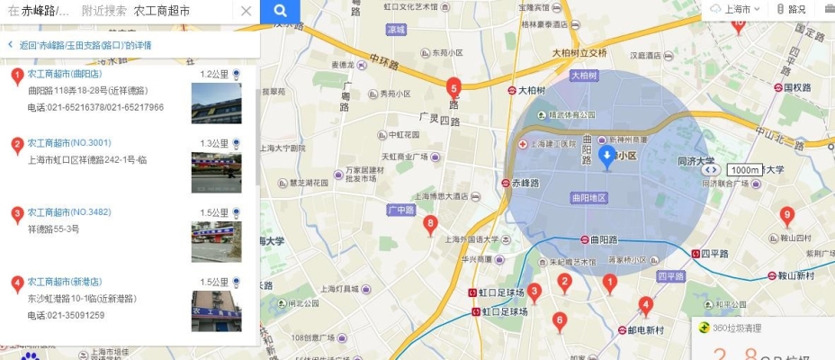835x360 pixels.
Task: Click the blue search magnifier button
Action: pyautogui.click(x=280, y=12)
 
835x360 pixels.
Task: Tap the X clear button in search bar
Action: pyautogui.click(x=246, y=12)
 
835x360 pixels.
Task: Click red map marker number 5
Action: pyautogui.click(x=453, y=87)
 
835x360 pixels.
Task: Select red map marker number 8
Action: pyautogui.click(x=430, y=223)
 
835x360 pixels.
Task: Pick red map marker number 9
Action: pyautogui.click(x=787, y=214)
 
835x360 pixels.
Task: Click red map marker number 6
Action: pyautogui.click(x=559, y=319)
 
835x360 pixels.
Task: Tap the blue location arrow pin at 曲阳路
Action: pyautogui.click(x=606, y=158)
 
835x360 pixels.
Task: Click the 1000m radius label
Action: pyautogui.click(x=744, y=170)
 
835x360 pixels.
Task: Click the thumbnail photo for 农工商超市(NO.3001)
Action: pyautogui.click(x=216, y=172)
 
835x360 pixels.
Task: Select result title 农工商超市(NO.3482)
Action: pyautogui.click(x=69, y=212)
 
